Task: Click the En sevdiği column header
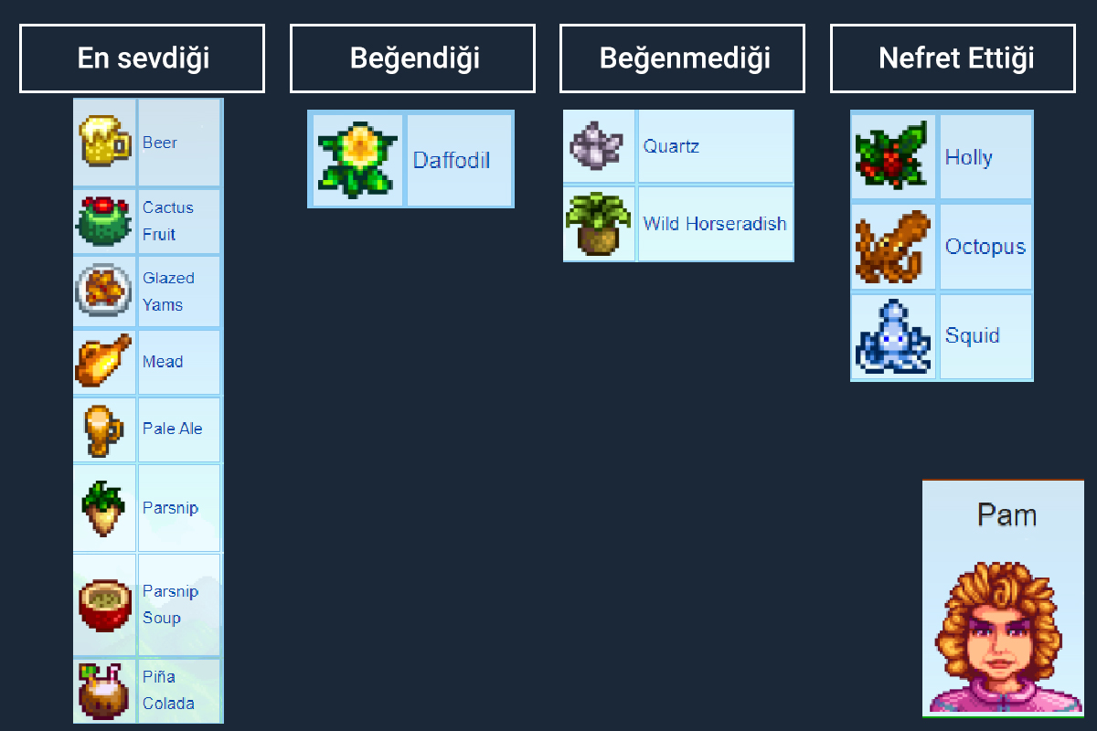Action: coord(142,58)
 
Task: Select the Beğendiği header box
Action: coord(412,58)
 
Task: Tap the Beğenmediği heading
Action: coord(682,58)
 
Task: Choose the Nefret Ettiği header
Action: coord(953,58)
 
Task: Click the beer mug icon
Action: coord(104,142)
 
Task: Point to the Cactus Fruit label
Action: coord(167,220)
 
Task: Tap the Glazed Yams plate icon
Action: coord(104,291)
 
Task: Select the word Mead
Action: coord(163,362)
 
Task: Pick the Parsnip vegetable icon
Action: coord(103,508)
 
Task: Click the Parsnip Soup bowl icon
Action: coord(104,604)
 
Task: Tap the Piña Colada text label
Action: coord(167,690)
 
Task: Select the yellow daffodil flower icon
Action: coord(357,160)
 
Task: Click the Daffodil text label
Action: coord(452,161)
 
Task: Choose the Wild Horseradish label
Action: coord(715,224)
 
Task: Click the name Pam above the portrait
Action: coord(1006,514)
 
